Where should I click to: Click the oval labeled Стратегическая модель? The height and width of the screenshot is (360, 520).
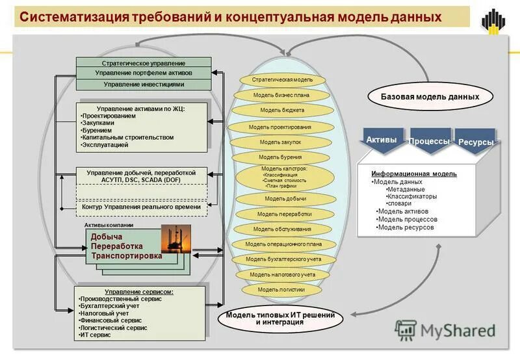(281, 79)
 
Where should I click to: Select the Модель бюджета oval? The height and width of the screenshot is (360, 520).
(282, 110)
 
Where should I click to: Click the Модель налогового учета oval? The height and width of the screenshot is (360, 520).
(283, 274)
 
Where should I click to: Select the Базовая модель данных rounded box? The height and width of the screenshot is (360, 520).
(430, 97)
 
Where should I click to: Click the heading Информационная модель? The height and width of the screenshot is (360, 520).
(413, 174)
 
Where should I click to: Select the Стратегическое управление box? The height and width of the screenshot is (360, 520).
(144, 63)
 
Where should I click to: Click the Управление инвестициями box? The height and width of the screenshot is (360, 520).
(144, 84)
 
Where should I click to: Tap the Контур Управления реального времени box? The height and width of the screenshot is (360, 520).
(141, 207)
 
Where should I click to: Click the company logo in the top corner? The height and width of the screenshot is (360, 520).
(494, 21)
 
